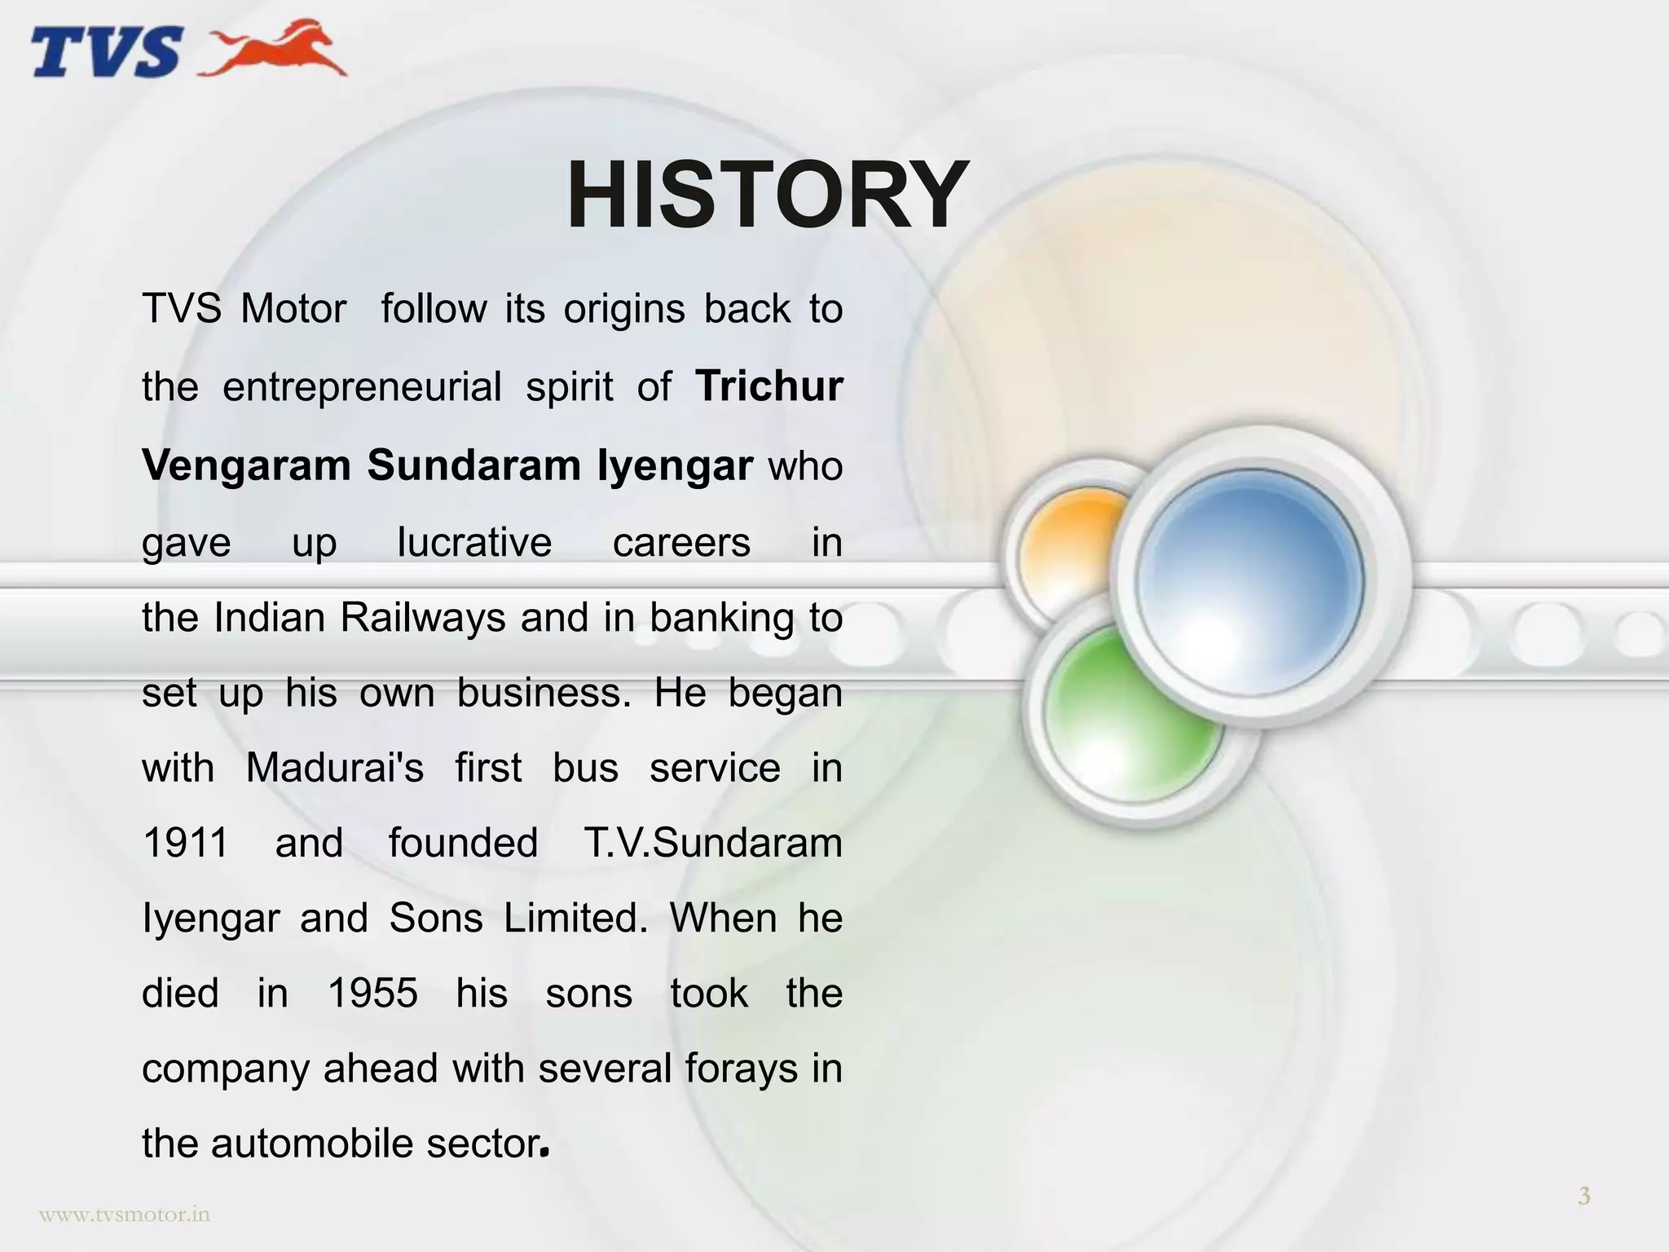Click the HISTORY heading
click(x=767, y=196)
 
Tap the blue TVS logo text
click(x=106, y=51)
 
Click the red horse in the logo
click(x=277, y=49)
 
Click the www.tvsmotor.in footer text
click(x=125, y=1215)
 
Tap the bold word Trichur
click(x=769, y=386)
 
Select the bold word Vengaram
click(x=245, y=465)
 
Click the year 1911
click(x=185, y=843)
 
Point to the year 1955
click(x=372, y=994)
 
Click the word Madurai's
click(x=334, y=768)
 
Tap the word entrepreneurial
click(x=362, y=386)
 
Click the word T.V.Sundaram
click(x=713, y=843)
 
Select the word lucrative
click(x=474, y=542)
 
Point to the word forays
click(x=741, y=1069)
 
